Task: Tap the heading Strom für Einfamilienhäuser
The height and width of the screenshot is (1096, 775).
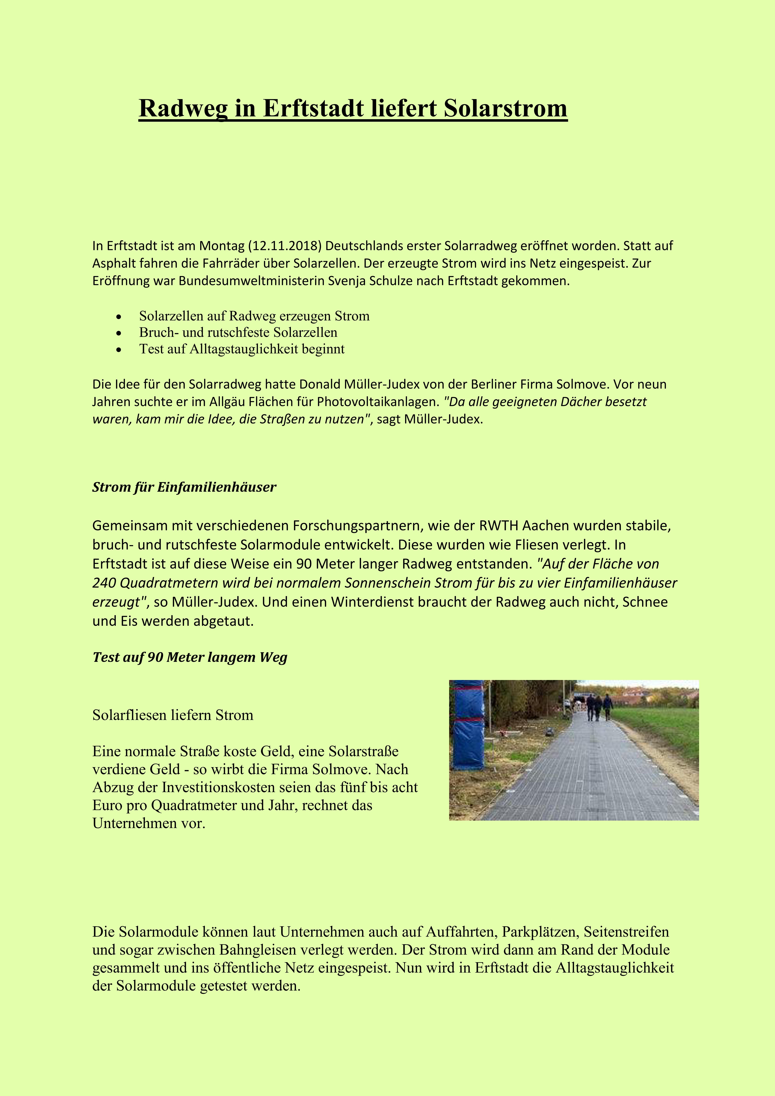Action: pos(184,487)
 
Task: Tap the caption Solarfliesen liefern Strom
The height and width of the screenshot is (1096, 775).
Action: pos(173,715)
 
